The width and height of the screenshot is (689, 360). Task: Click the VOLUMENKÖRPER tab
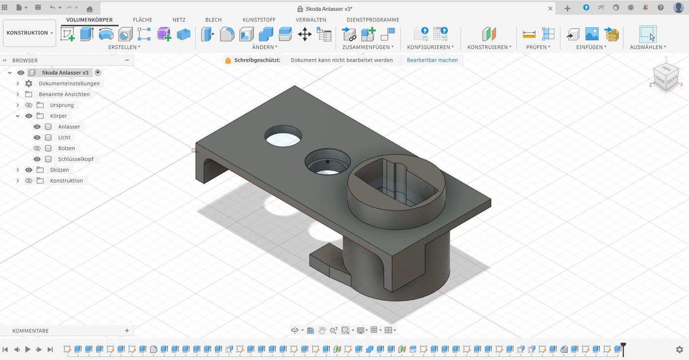[89, 20]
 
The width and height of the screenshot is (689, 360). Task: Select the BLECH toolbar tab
[213, 20]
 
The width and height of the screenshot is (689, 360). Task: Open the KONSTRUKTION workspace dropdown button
[30, 33]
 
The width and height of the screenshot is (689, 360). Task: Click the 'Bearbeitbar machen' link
[432, 60]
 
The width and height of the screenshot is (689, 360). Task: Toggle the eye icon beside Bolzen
[37, 148]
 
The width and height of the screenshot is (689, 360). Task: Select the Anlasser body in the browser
[68, 127]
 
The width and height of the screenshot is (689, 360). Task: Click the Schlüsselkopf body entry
[75, 159]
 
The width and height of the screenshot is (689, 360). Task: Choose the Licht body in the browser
[64, 137]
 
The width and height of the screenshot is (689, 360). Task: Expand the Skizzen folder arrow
[18, 170]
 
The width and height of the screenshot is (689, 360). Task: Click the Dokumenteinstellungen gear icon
[29, 84]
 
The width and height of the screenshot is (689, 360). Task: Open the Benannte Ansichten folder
[64, 94]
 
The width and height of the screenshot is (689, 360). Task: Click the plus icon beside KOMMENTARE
[127, 330]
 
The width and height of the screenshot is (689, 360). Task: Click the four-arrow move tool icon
[305, 34]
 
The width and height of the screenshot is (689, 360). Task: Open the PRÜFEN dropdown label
[538, 47]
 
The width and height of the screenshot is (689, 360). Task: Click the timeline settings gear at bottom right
[679, 350]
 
